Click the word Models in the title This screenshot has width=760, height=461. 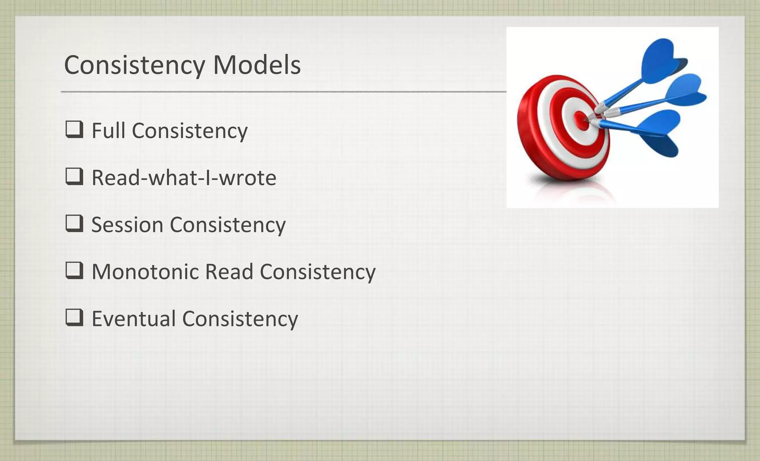click(x=256, y=65)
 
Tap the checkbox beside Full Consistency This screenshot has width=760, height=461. click(x=74, y=129)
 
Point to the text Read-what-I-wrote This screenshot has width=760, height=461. click(x=184, y=178)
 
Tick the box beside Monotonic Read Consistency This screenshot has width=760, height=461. click(x=74, y=270)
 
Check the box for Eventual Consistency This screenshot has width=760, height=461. click(x=74, y=317)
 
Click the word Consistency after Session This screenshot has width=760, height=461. click(x=227, y=225)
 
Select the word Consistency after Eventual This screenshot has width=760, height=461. click(x=240, y=319)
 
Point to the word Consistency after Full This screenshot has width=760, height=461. click(x=190, y=131)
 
